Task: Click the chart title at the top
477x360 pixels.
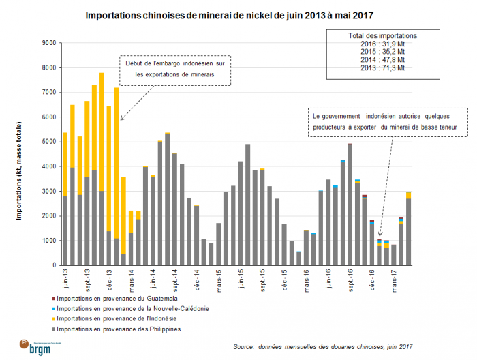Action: [x=238, y=14]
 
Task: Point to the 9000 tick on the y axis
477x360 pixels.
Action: [x=48, y=43]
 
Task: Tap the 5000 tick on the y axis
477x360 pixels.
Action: [x=48, y=142]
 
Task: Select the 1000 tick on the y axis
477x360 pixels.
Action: [x=48, y=241]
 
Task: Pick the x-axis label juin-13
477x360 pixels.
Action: [x=65, y=280]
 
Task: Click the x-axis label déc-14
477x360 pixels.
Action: [x=197, y=280]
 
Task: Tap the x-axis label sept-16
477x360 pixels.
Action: [x=350, y=280]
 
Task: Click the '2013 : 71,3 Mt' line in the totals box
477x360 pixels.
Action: [x=382, y=68]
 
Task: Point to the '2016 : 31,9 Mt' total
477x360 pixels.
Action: [x=382, y=44]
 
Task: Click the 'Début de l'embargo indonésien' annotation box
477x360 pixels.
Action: [x=175, y=69]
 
